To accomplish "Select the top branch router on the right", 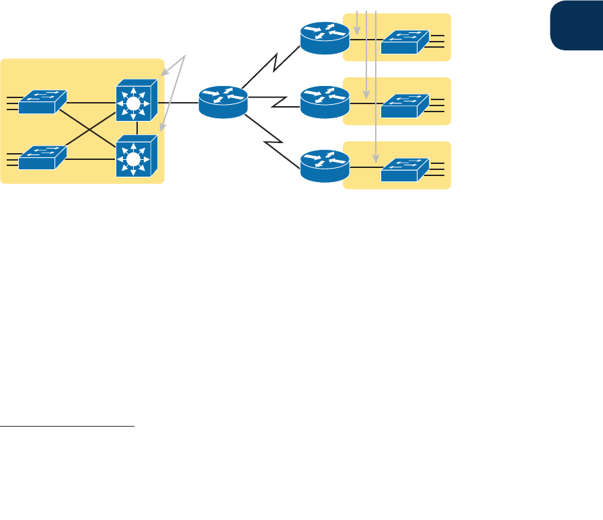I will pos(325,39).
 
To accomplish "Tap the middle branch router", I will pos(325,101).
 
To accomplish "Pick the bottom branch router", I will pos(325,166).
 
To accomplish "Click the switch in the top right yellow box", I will pos(405,42).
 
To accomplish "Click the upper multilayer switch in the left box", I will pos(136,101).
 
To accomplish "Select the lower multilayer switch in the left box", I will pos(136,157).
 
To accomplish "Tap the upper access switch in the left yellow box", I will pos(42,101).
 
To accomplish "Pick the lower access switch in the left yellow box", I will pos(42,158).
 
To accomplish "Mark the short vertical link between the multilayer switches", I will pos(136,128).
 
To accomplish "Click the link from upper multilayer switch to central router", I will pos(178,102).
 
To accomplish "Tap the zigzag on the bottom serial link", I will pos(276,142).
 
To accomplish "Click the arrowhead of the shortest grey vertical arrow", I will pos(356,31).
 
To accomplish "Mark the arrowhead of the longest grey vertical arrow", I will pos(375,160).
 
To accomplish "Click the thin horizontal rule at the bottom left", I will pos(67,426).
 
